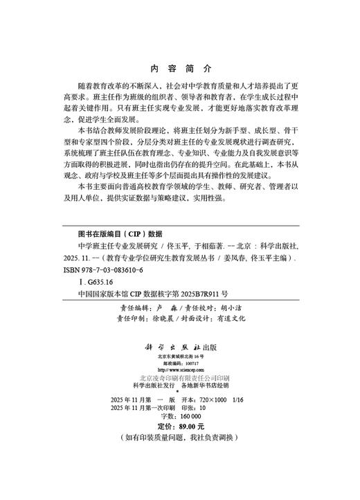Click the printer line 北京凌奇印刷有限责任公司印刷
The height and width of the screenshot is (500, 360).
pyautogui.click(x=179, y=378)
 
